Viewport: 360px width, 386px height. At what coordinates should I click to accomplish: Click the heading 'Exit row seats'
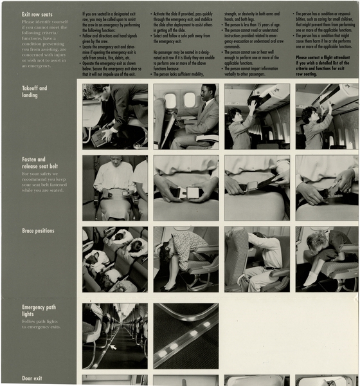coord(21,14)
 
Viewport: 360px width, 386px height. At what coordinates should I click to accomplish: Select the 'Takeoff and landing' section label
coord(35,91)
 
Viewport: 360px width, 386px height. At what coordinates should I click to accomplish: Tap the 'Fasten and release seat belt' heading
coord(33,163)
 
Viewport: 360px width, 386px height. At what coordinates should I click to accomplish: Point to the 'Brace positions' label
coord(38,231)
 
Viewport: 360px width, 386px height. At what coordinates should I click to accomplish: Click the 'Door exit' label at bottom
coord(32,378)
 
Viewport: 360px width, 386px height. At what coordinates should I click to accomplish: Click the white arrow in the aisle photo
coord(113,347)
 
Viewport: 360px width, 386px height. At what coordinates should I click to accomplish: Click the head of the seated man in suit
coord(208,91)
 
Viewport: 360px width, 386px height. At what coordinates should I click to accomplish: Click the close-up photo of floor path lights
coord(186,336)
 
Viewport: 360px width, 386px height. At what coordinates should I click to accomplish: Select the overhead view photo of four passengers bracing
coord(114,259)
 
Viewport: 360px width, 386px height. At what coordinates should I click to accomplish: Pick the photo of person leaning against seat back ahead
coord(256,259)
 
